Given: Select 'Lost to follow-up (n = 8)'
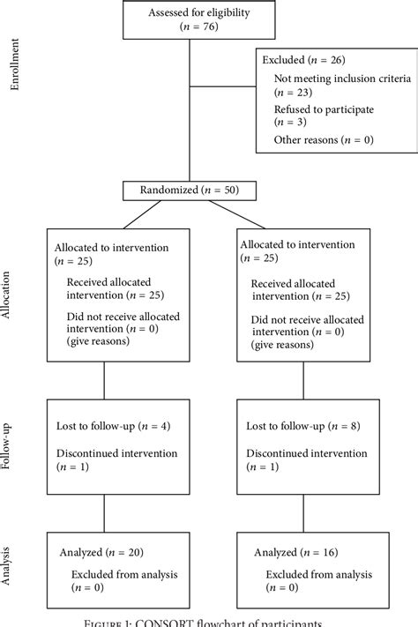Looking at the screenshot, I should click(x=303, y=427).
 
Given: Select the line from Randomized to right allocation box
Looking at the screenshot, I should click(x=231, y=214).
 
